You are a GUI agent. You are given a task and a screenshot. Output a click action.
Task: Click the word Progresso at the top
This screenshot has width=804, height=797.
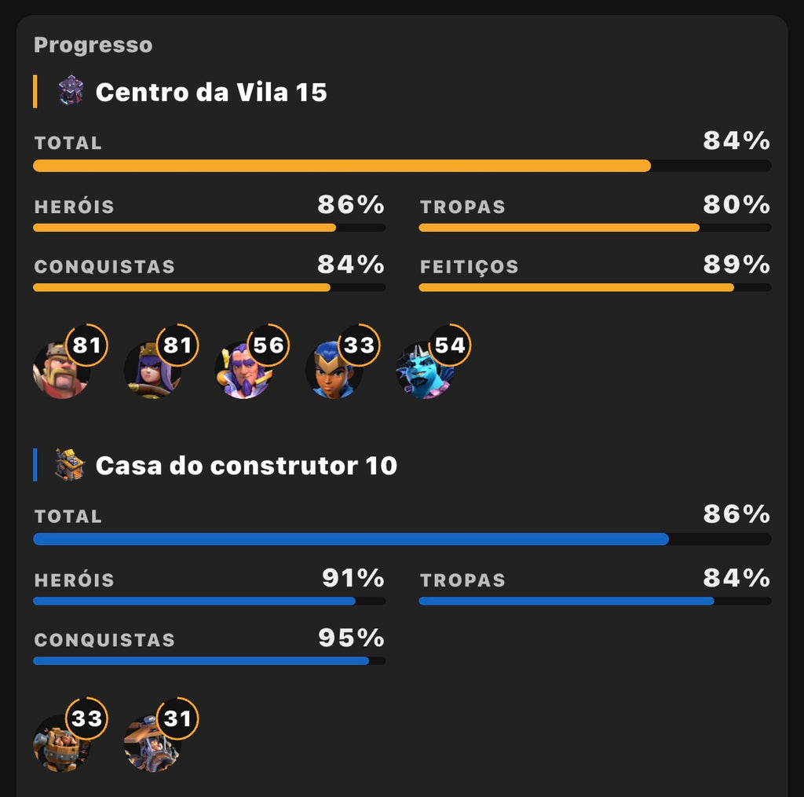(x=93, y=46)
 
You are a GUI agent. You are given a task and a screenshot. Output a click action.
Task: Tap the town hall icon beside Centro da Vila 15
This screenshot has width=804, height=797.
(x=71, y=91)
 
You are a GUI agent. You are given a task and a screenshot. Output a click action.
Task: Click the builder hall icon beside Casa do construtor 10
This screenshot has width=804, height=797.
(x=70, y=465)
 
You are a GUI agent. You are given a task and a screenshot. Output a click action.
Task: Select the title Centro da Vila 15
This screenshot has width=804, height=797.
(x=210, y=93)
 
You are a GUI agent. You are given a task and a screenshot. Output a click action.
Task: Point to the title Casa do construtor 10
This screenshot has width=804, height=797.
(x=246, y=466)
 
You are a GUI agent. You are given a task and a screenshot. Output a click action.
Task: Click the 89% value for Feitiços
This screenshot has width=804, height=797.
(x=736, y=265)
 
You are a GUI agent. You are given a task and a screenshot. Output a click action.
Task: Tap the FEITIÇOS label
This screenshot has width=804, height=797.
(x=469, y=267)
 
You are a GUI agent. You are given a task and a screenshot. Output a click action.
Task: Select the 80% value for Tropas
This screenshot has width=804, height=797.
(x=736, y=206)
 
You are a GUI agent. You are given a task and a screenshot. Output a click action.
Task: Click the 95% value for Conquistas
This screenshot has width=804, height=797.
(x=351, y=638)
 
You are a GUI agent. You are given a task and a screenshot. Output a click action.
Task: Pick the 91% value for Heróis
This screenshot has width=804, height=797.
(x=353, y=579)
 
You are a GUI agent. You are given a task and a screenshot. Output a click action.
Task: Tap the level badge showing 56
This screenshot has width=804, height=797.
(x=268, y=345)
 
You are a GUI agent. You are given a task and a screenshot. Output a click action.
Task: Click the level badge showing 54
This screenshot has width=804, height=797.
(x=450, y=345)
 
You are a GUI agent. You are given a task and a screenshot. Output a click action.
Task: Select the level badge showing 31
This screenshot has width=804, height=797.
(x=177, y=718)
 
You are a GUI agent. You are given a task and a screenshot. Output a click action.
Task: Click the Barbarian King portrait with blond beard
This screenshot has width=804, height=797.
(x=60, y=371)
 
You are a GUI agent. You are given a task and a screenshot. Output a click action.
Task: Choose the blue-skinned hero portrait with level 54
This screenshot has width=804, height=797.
(x=423, y=373)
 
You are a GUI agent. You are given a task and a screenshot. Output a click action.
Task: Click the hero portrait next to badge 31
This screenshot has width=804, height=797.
(x=151, y=745)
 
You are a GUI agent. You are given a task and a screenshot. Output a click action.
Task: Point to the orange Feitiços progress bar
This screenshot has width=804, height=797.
(x=576, y=287)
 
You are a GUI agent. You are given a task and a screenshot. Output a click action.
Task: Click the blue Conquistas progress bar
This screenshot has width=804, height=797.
(x=201, y=661)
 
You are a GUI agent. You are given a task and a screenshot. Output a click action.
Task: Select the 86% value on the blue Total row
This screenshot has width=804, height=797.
(x=736, y=515)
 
